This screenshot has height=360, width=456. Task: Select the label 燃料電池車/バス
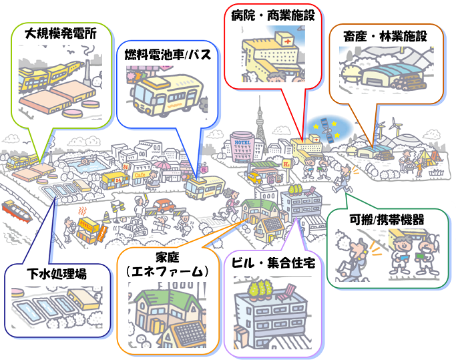click(x=168, y=56)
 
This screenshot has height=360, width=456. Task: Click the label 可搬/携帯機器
click(x=387, y=219)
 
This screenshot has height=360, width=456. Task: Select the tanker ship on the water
click(x=17, y=211)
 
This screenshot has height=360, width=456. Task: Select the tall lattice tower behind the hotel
click(x=258, y=127)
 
